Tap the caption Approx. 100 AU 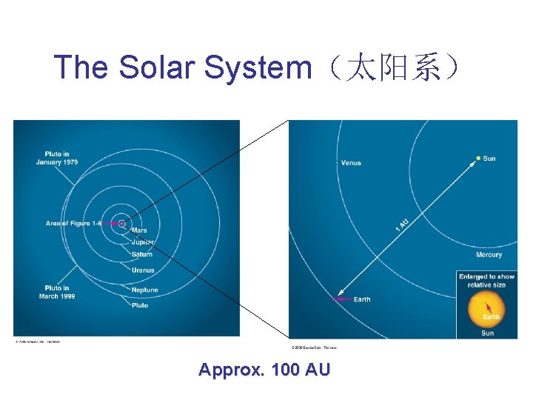(264, 370)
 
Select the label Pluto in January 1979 (57, 159)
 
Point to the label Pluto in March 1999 (58, 292)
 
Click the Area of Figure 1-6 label (73, 223)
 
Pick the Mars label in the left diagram (139, 230)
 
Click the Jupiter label (143, 242)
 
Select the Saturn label (141, 254)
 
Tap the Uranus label (143, 270)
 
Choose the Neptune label (145, 290)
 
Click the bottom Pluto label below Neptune (140, 305)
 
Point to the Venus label (351, 162)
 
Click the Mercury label (489, 255)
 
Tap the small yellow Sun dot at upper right (478, 158)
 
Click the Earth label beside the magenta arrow (362, 299)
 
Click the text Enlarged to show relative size (486, 280)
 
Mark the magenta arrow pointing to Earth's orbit (341, 299)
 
